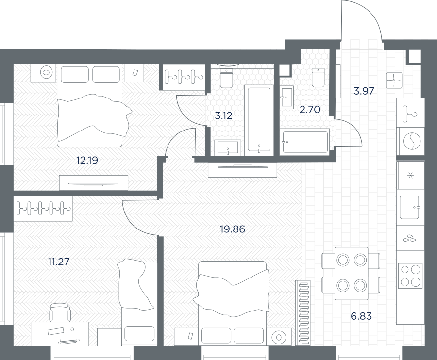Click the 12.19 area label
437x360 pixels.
87,161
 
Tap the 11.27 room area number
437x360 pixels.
59,262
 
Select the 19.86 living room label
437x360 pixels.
233,229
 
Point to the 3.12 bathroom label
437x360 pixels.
223,115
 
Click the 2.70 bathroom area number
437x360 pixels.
310,110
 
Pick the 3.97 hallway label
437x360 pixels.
364,91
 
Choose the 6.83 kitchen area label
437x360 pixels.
361,316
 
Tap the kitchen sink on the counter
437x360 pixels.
409,207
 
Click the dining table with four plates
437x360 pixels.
351,274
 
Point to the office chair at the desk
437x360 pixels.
60,312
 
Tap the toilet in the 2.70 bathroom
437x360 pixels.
318,77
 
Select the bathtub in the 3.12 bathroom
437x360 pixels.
259,120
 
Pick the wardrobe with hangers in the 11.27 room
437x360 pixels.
43,209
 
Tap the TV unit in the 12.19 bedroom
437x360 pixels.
94,183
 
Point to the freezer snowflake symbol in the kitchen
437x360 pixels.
411,175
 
